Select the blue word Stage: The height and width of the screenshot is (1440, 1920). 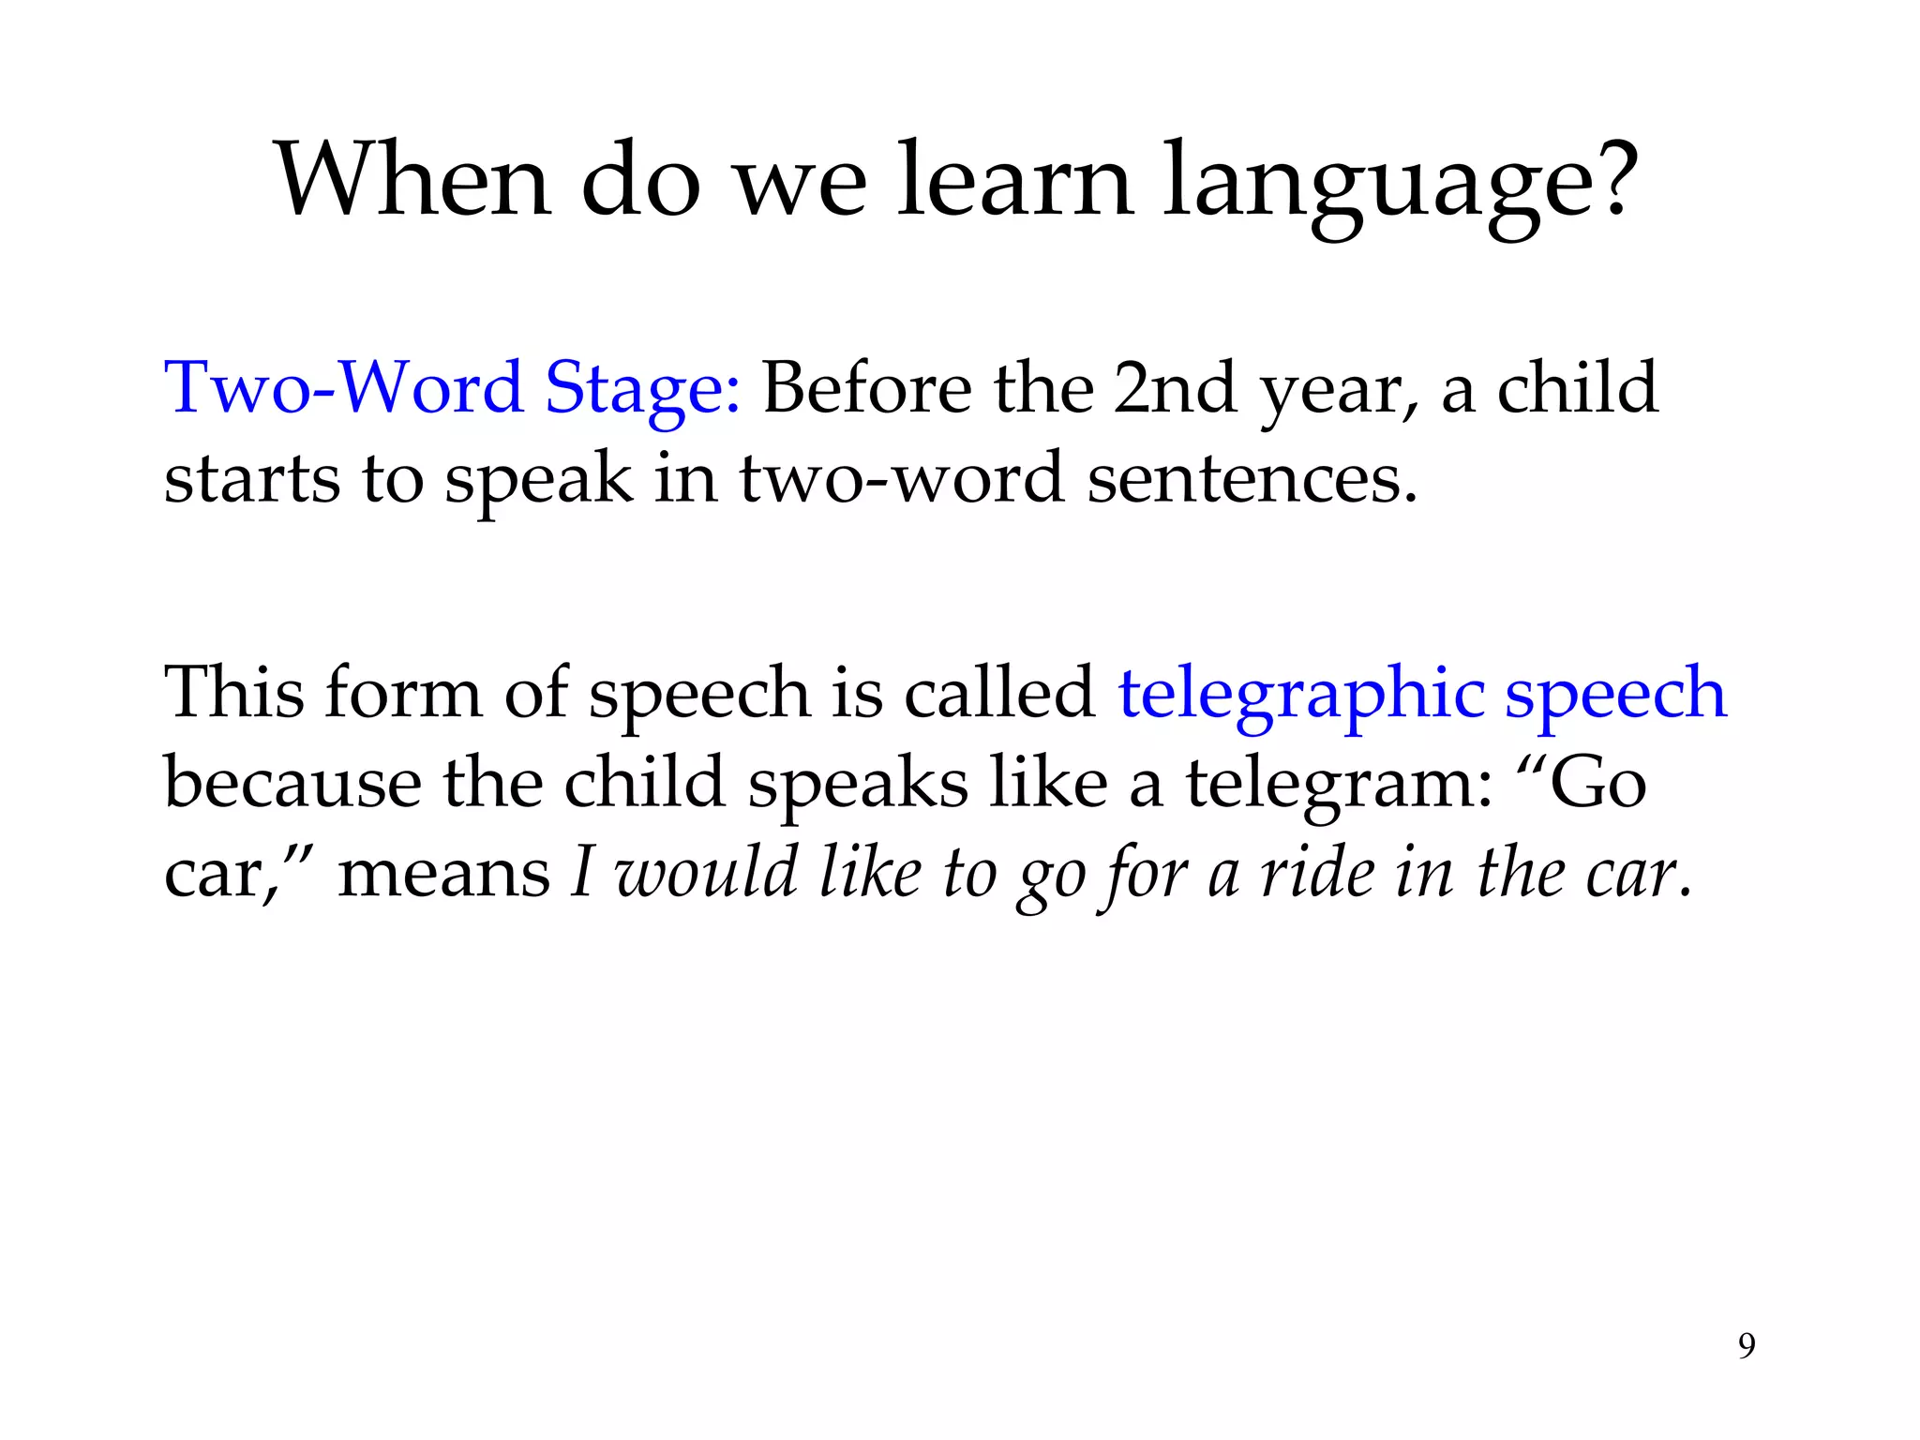[x=642, y=389]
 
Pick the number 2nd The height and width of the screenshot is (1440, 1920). [x=1175, y=387]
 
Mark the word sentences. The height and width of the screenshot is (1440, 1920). [x=1252, y=478]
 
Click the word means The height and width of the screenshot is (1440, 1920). [x=443, y=874]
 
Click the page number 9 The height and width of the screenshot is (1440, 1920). [x=1747, y=1346]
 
